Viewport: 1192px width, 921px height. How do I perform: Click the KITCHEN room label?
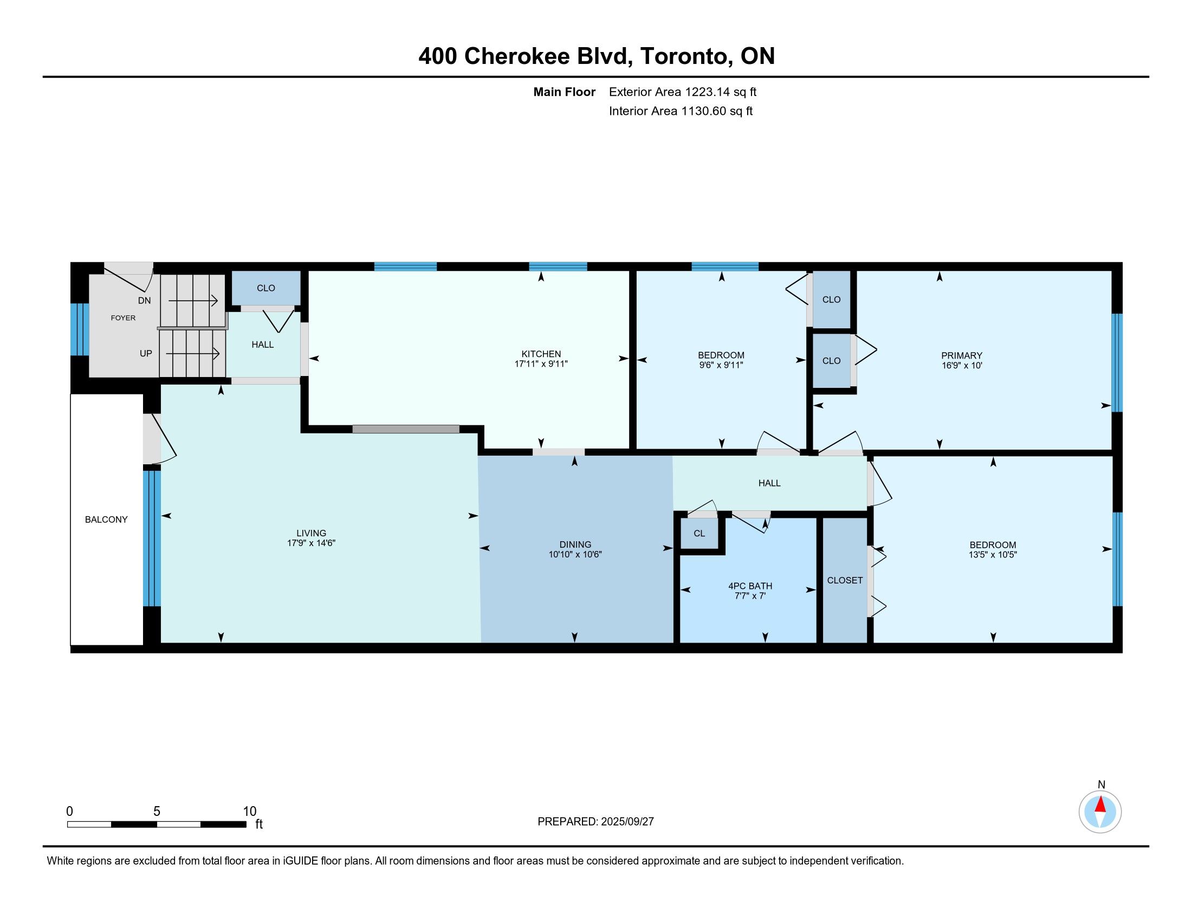541,354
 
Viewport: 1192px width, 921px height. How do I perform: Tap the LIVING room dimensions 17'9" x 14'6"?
311,543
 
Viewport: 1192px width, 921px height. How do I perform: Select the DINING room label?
575,544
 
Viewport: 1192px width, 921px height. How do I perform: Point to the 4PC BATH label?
750,586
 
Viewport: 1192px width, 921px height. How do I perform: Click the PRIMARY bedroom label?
962,355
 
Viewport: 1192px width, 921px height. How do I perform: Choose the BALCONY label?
106,520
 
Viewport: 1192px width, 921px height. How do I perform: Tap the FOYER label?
124,317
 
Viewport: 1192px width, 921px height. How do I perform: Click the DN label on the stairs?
145,301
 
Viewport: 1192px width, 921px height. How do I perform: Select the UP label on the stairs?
146,353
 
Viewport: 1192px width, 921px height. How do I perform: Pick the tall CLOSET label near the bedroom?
845,580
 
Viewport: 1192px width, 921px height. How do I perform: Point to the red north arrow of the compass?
1100,805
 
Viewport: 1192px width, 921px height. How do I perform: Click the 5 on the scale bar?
157,812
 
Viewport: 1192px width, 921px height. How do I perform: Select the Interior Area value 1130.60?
703,111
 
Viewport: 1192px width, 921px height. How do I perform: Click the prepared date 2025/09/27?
627,821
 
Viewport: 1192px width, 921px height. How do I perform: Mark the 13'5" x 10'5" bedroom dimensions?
993,554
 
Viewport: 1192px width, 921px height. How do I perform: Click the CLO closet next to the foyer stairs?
266,288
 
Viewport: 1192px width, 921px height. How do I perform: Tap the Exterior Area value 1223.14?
707,92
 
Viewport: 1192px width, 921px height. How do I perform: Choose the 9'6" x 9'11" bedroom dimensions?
721,365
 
